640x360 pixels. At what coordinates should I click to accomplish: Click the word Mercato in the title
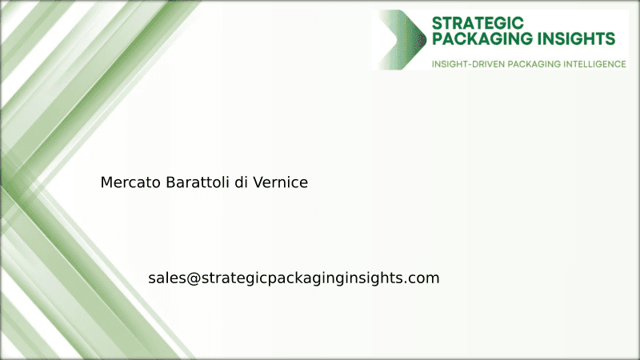pyautogui.click(x=130, y=182)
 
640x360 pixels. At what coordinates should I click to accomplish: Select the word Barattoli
pyautogui.click(x=198, y=182)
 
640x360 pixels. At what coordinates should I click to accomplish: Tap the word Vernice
pyautogui.click(x=280, y=182)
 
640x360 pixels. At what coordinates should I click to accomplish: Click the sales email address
pyautogui.click(x=294, y=278)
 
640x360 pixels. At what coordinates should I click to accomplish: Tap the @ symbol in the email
pyautogui.click(x=194, y=278)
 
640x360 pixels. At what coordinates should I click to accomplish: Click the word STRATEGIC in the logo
pyautogui.click(x=478, y=22)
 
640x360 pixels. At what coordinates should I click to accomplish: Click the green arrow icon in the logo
pyautogui.click(x=403, y=39)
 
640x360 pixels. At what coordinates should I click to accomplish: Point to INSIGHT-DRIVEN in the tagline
pyautogui.click(x=465, y=63)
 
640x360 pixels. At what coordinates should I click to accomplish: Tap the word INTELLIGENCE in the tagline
pyautogui.click(x=591, y=63)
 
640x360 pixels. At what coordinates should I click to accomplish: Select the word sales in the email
pyautogui.click(x=166, y=278)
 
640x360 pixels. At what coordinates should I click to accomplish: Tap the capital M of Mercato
pyautogui.click(x=106, y=182)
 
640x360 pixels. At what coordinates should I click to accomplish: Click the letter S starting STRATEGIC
pyautogui.click(x=437, y=22)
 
